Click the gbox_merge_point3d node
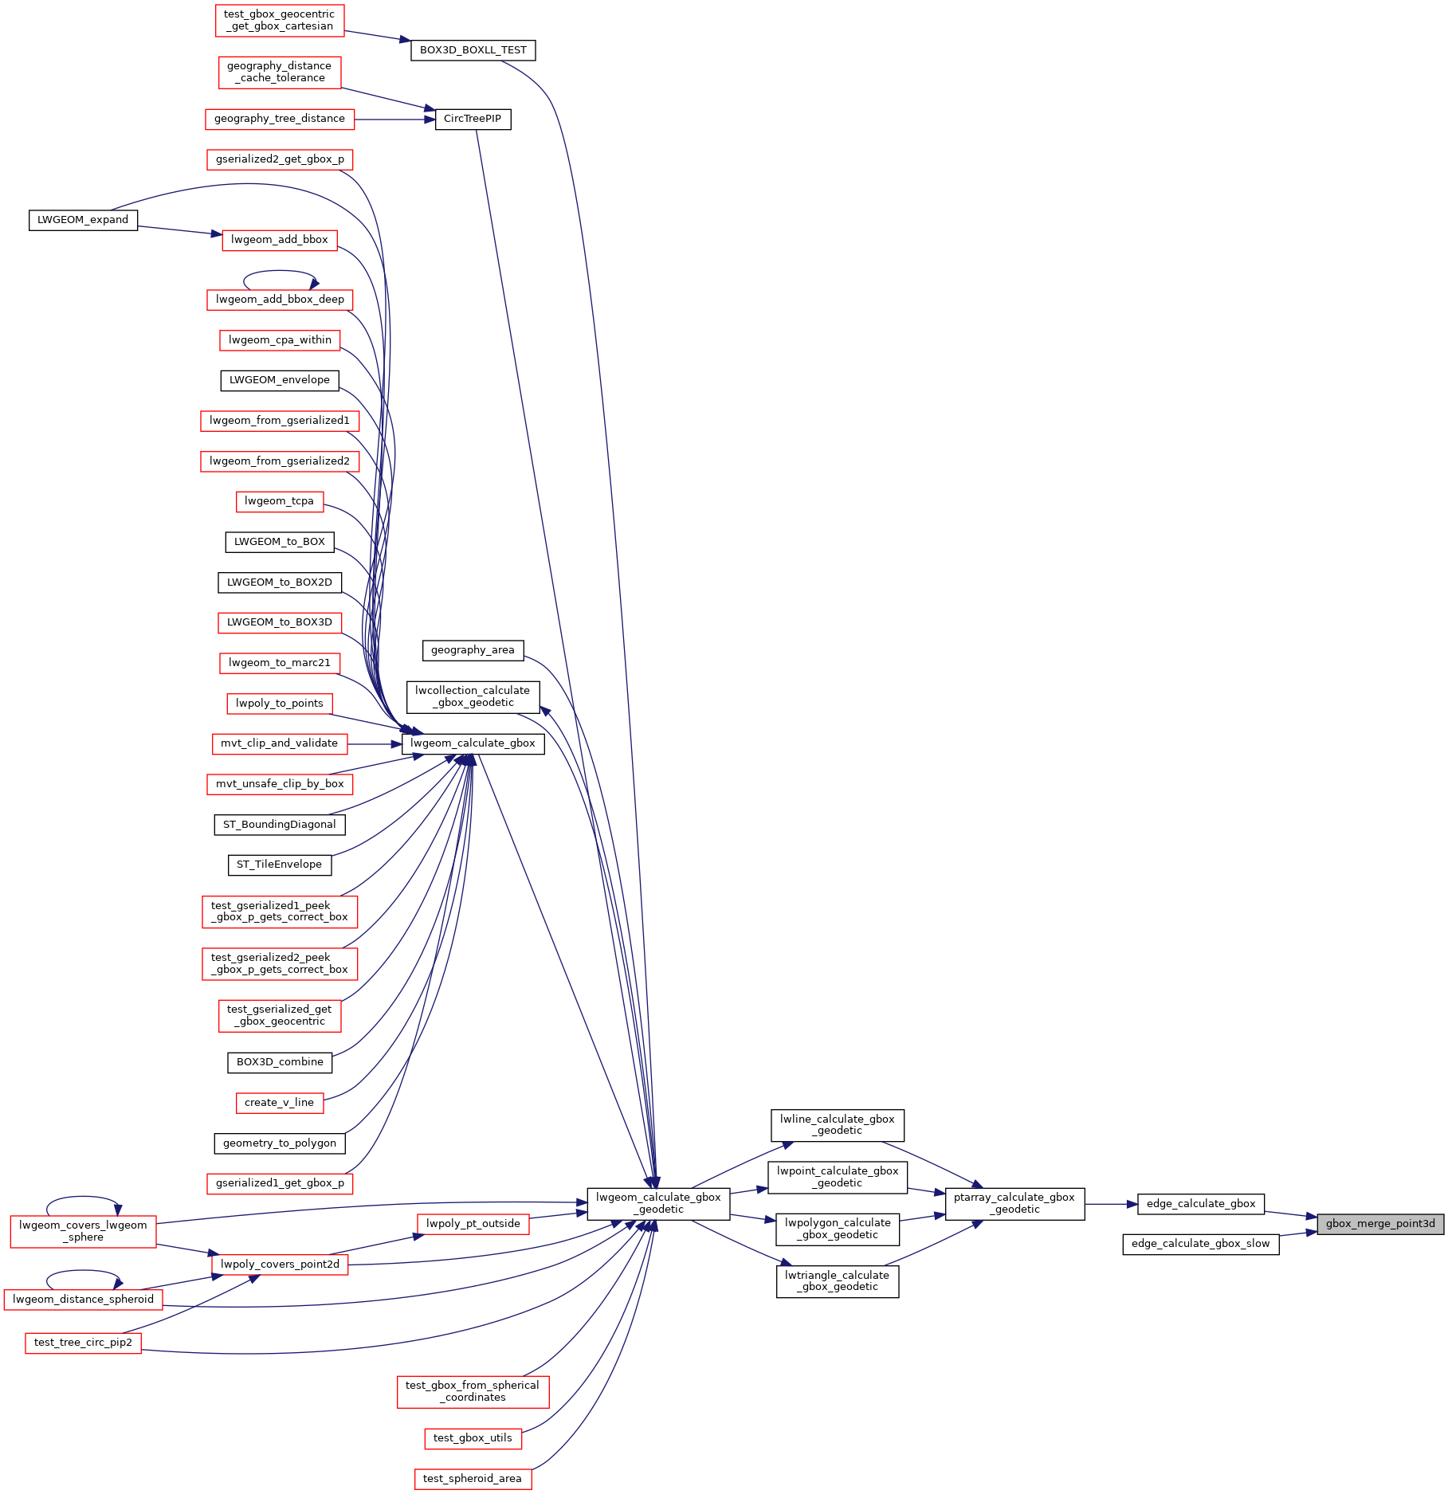pyautogui.click(x=1380, y=1224)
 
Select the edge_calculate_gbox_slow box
pyautogui.click(x=1201, y=1244)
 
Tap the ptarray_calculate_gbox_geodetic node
pyautogui.click(x=1014, y=1203)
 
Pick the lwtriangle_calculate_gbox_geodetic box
pyautogui.click(x=838, y=1281)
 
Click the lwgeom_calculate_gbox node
pyautogui.click(x=473, y=743)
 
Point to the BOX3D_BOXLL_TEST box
pyautogui.click(x=473, y=50)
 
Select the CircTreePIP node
pyautogui.click(x=473, y=119)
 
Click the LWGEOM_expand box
pyautogui.click(x=83, y=220)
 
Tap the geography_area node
pyautogui.click(x=473, y=650)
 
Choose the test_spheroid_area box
pyautogui.click(x=473, y=1479)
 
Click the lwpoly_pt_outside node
pyautogui.click(x=473, y=1224)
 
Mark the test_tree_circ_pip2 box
pyautogui.click(x=83, y=1343)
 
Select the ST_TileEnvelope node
pyautogui.click(x=280, y=865)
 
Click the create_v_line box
pyautogui.click(x=280, y=1103)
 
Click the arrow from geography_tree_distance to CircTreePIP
pyautogui.click(x=394, y=120)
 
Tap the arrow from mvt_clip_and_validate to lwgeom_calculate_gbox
pyautogui.click(x=375, y=744)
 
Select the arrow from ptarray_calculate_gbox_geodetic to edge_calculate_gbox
pyautogui.click(x=1111, y=1204)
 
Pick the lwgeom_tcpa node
pyautogui.click(x=280, y=501)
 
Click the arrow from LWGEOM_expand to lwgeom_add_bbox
pyautogui.click(x=179, y=230)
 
